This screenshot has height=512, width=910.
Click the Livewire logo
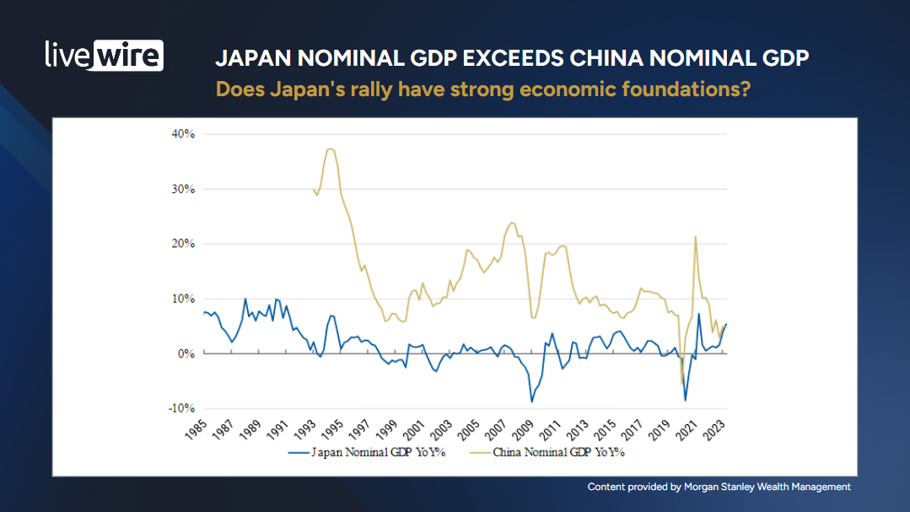104,55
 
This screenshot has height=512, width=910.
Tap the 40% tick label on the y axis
183,134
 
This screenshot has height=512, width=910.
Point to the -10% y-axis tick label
181,408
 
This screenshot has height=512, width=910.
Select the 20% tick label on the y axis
183,244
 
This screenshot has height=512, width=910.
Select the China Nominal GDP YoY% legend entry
552,452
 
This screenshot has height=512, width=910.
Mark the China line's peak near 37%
330,149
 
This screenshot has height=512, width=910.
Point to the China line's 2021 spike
695,237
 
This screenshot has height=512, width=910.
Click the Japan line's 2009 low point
531,401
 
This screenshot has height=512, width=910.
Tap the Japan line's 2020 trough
686,400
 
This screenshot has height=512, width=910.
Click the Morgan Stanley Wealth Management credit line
719,487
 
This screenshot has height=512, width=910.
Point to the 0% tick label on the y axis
186,353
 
